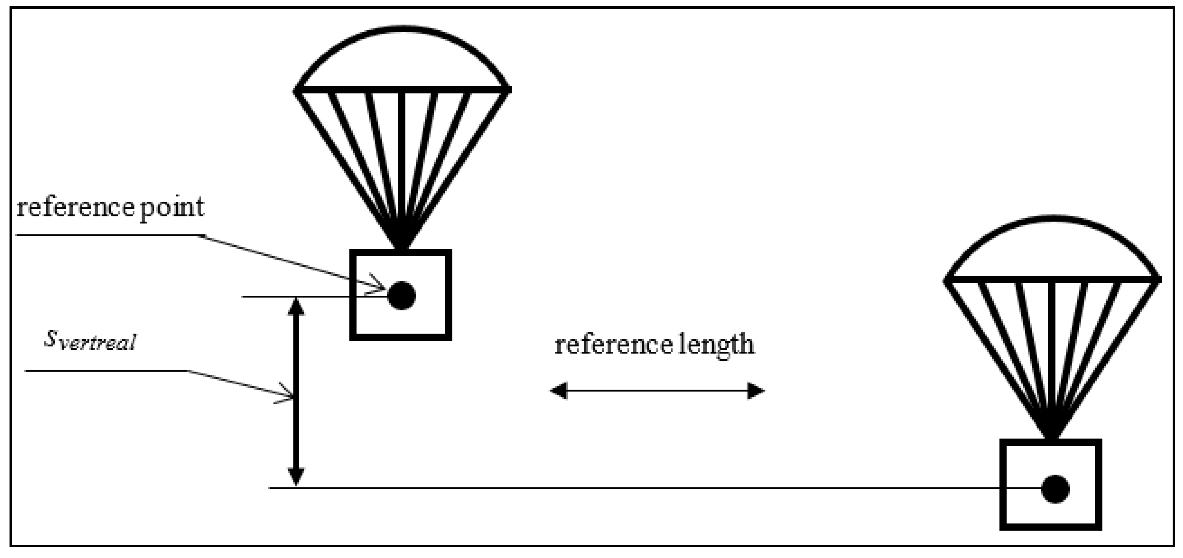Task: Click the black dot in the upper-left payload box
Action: point(402,296)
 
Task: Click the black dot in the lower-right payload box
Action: point(1055,489)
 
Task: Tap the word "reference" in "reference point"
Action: point(74,207)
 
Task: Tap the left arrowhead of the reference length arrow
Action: point(558,391)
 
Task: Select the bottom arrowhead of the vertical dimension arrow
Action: point(296,476)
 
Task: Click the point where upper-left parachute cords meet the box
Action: point(402,248)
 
